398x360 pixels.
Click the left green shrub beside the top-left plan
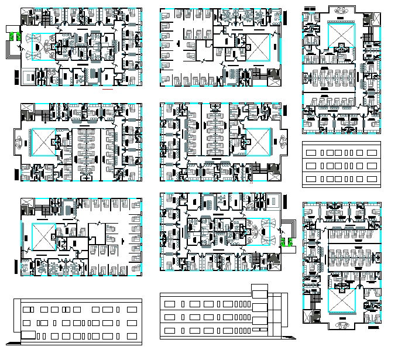point(12,36)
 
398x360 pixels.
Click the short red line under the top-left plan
point(107,91)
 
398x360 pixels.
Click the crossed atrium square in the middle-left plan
point(42,143)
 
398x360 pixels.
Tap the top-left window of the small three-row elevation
point(311,152)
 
